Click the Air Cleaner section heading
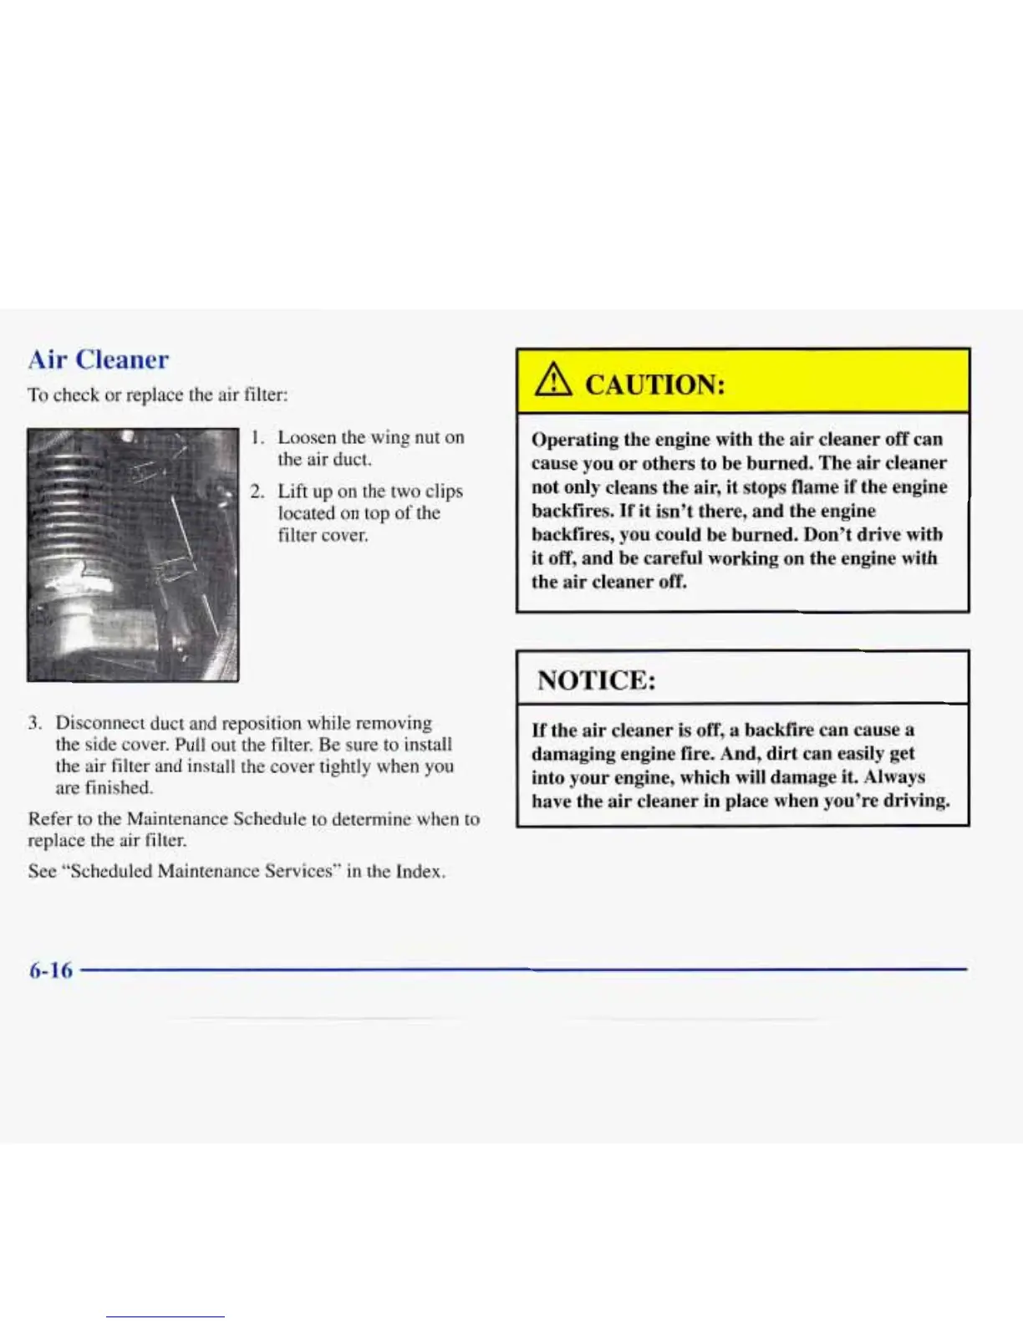click(x=99, y=359)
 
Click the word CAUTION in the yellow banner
click(x=654, y=384)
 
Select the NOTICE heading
click(x=596, y=680)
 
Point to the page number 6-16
click(x=50, y=970)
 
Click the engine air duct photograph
click(x=132, y=554)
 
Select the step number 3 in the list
click(x=34, y=723)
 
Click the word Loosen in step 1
click(x=307, y=437)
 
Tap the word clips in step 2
click(x=444, y=491)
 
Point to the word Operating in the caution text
click(x=574, y=440)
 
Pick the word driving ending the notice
click(x=916, y=801)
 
